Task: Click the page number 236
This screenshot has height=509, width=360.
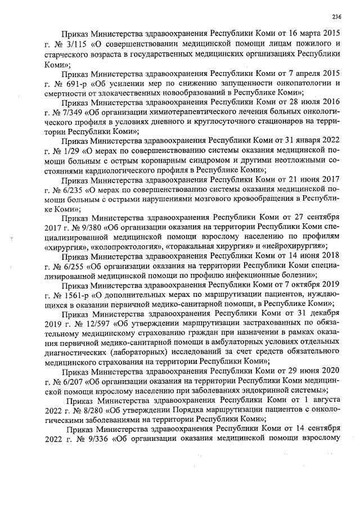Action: pyautogui.click(x=337, y=15)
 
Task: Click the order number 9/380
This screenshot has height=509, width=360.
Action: pyautogui.click(x=95, y=228)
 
